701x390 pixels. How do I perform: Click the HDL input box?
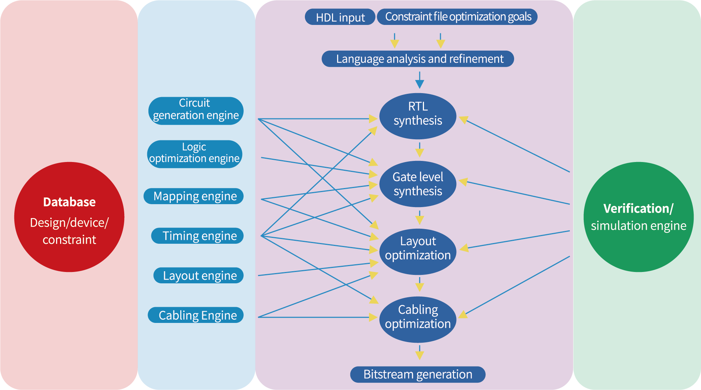[x=340, y=17]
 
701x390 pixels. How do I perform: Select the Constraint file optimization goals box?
[x=457, y=17]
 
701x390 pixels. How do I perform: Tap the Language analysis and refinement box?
[x=418, y=59]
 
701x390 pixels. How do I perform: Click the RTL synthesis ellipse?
[x=418, y=116]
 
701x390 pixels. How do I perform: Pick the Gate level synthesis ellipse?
[x=418, y=184]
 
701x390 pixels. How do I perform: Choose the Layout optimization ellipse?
[x=418, y=252]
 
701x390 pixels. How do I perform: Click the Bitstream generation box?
[x=418, y=374]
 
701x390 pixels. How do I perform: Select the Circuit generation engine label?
[x=196, y=109]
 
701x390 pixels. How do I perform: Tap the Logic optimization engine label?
[x=194, y=153]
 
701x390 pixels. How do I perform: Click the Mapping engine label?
[x=195, y=196]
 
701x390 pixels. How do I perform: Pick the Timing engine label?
[x=199, y=236]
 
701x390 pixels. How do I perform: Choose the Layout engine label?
[x=199, y=275]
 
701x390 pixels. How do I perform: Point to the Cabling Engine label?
[x=197, y=315]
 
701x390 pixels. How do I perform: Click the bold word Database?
[x=69, y=202]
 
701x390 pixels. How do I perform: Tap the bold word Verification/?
[x=638, y=209]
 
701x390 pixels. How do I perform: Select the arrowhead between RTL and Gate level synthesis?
[x=420, y=152]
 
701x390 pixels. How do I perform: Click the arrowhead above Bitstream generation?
[x=420, y=355]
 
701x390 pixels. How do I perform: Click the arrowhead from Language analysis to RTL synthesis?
[x=420, y=84]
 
